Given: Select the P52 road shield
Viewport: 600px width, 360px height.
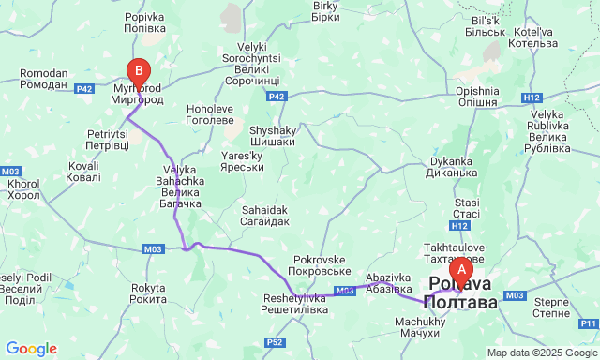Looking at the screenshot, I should (x=274, y=342).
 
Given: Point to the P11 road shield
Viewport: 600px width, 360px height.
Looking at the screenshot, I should (x=588, y=322).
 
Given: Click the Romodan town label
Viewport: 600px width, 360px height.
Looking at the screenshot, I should (x=44, y=80).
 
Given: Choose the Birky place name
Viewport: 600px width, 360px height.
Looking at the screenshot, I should (x=325, y=11).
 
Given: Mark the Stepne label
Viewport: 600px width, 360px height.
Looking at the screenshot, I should (x=552, y=308).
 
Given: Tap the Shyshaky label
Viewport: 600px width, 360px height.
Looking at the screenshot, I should (x=272, y=135).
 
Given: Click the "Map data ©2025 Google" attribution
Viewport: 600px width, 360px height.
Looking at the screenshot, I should (x=541, y=352).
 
